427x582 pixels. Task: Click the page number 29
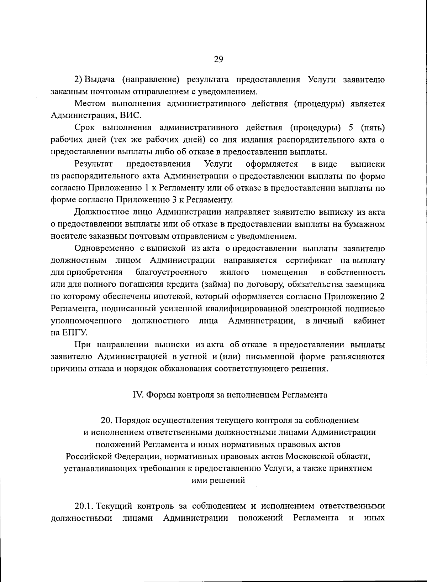[218, 59]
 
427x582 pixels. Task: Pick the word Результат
[94, 164]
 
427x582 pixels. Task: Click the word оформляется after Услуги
[272, 164]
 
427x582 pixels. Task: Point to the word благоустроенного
[172, 272]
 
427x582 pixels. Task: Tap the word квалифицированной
[246, 309]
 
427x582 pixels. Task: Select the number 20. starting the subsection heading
[107, 421]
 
